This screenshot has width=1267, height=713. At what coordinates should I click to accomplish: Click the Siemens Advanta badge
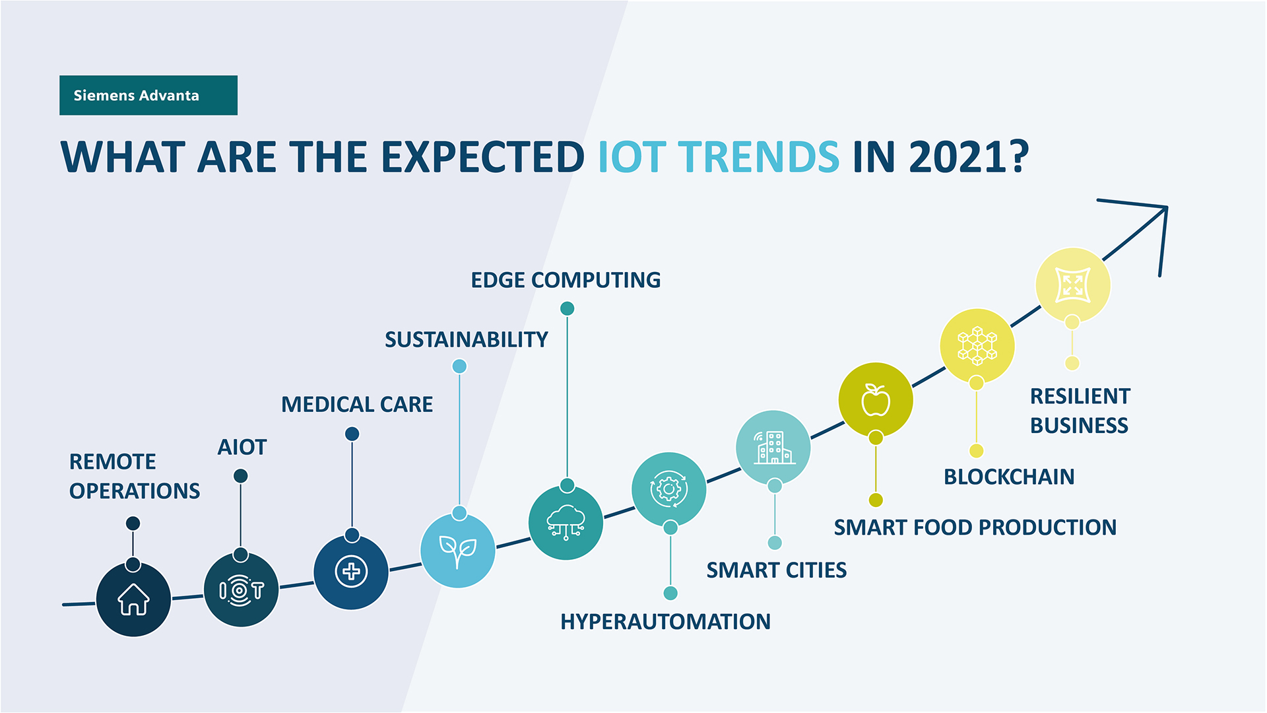148,95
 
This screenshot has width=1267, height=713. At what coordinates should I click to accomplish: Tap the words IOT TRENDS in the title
718,157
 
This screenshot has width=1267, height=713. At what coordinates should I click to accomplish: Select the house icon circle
133,599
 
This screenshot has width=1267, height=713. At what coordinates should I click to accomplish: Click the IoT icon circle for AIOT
241,590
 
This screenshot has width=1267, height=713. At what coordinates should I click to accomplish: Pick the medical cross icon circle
351,572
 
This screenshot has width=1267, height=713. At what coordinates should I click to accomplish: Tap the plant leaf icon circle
458,550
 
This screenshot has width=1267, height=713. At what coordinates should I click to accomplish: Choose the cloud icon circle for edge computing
566,522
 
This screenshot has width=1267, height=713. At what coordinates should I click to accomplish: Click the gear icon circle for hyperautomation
668,489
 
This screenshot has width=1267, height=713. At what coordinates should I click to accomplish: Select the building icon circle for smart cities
773,447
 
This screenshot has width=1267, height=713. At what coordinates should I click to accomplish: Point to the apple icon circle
876,399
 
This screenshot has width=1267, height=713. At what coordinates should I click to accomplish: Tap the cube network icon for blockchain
977,346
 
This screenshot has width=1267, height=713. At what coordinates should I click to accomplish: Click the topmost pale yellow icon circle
1072,285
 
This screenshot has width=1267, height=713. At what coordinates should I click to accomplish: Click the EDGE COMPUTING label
566,280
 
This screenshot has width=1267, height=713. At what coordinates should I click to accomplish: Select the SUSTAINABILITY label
466,339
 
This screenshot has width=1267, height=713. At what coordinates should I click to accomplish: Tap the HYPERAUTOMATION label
665,621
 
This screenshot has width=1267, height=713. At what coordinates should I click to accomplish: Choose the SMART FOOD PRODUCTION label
975,527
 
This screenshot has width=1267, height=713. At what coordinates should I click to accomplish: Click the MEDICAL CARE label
357,404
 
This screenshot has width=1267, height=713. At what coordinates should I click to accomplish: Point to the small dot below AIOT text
241,476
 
